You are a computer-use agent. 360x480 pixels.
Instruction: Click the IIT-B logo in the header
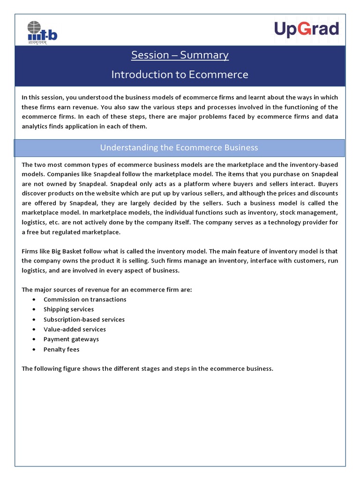(x=42, y=32)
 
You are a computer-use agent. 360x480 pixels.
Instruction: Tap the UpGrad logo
(x=306, y=30)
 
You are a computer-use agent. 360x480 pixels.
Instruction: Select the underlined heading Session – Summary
(x=180, y=55)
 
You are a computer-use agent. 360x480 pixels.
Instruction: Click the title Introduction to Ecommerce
(x=180, y=75)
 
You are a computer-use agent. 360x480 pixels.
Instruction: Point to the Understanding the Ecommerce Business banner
(x=180, y=148)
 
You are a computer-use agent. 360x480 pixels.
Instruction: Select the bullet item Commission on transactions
(x=85, y=300)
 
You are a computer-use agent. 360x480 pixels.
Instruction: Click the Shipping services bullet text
(x=68, y=309)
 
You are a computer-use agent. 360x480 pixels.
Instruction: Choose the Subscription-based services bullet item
(x=84, y=320)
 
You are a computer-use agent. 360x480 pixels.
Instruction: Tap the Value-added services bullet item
(x=75, y=330)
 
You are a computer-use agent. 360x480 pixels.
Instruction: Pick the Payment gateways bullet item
(x=71, y=339)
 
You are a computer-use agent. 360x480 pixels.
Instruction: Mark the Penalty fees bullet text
(x=61, y=350)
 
